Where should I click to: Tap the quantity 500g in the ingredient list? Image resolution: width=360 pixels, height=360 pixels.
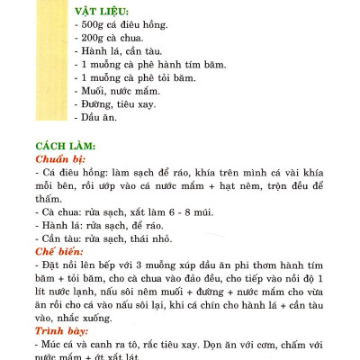click(94, 29)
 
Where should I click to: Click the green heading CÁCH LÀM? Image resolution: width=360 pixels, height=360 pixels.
click(65, 147)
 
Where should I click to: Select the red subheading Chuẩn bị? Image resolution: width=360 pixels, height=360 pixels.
click(60, 159)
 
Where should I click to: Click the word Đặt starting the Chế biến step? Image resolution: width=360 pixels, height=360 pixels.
click(50, 267)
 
